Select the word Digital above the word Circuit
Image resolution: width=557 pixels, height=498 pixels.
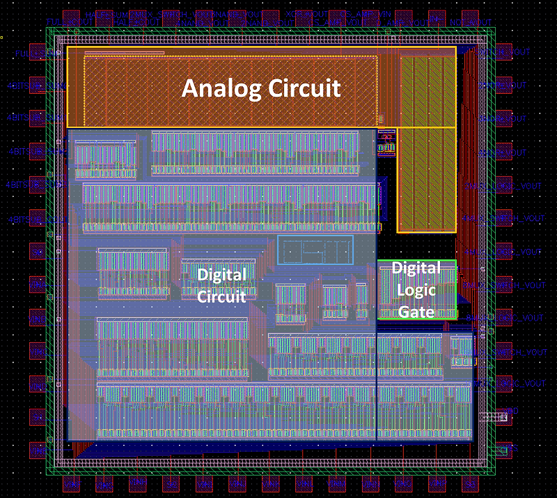click(x=221, y=274)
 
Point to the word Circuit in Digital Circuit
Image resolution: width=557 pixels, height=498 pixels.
click(x=221, y=296)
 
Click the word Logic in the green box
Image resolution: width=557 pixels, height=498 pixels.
click(x=416, y=290)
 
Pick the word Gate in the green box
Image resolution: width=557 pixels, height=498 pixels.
click(x=416, y=312)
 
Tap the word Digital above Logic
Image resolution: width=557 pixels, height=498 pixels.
click(x=416, y=268)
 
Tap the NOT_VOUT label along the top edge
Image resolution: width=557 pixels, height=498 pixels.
click(x=465, y=22)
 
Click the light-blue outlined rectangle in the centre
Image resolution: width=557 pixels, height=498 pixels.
click(x=315, y=250)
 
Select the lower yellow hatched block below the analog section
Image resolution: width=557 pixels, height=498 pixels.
click(x=426, y=179)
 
